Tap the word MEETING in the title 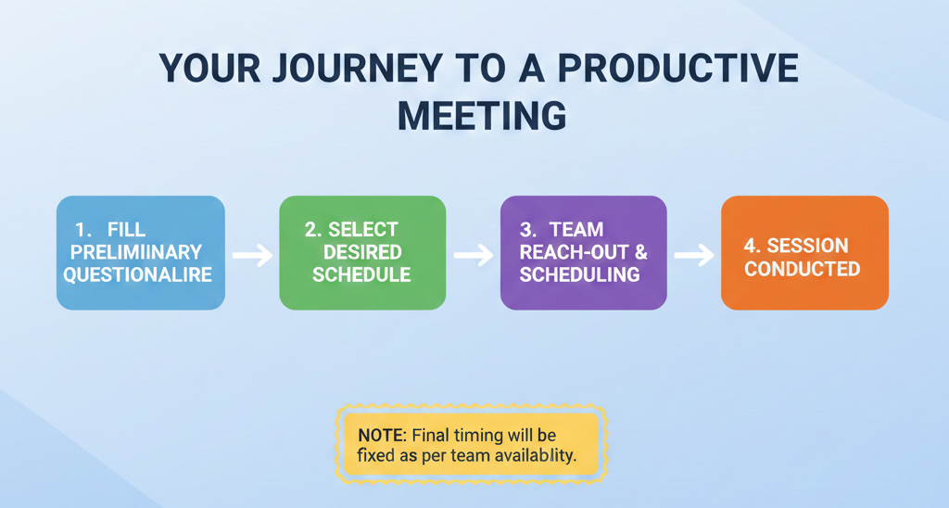481,117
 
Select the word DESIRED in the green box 362,252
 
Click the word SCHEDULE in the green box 361,274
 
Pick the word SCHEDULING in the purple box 579,274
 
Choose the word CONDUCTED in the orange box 803,269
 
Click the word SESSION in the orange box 807,246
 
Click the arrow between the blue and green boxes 251,252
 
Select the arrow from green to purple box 474,253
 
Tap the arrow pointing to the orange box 694,253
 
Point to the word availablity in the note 535,456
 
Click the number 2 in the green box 310,229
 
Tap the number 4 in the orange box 751,246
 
